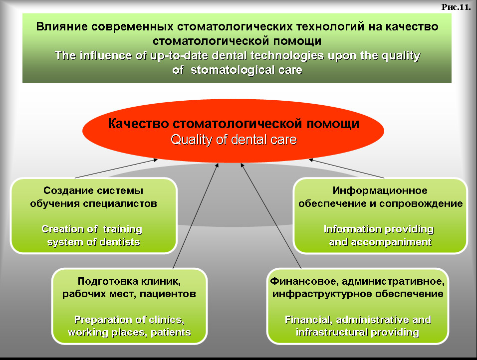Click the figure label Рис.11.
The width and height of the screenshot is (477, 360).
click(x=456, y=7)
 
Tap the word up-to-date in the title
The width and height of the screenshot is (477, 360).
click(x=179, y=56)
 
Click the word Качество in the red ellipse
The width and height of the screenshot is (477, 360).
click(x=138, y=124)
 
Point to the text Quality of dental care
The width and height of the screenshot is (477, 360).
click(x=234, y=140)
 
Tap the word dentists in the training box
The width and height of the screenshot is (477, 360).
click(x=120, y=242)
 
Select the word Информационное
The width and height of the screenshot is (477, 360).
click(x=380, y=190)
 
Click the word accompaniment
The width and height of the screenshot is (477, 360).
click(x=391, y=242)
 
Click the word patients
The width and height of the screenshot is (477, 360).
click(x=171, y=333)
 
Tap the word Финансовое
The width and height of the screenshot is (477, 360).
click(x=304, y=281)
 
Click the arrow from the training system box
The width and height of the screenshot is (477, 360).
click(x=116, y=169)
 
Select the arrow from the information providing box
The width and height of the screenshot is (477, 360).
click(x=346, y=169)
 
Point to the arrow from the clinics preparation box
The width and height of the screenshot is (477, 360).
click(x=196, y=216)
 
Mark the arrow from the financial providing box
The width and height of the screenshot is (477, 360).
click(x=271, y=216)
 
